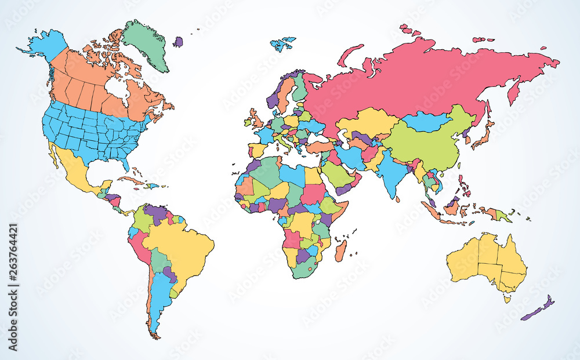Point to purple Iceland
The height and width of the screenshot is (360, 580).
pyautogui.click(x=177, y=42)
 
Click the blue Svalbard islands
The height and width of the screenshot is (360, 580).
pyautogui.click(x=282, y=44)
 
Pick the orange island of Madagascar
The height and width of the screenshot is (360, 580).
pyautogui.click(x=341, y=251)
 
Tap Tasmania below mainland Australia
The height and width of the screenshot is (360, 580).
pyautogui.click(x=507, y=299)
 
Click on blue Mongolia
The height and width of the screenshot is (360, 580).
pyautogui.click(x=426, y=122)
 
